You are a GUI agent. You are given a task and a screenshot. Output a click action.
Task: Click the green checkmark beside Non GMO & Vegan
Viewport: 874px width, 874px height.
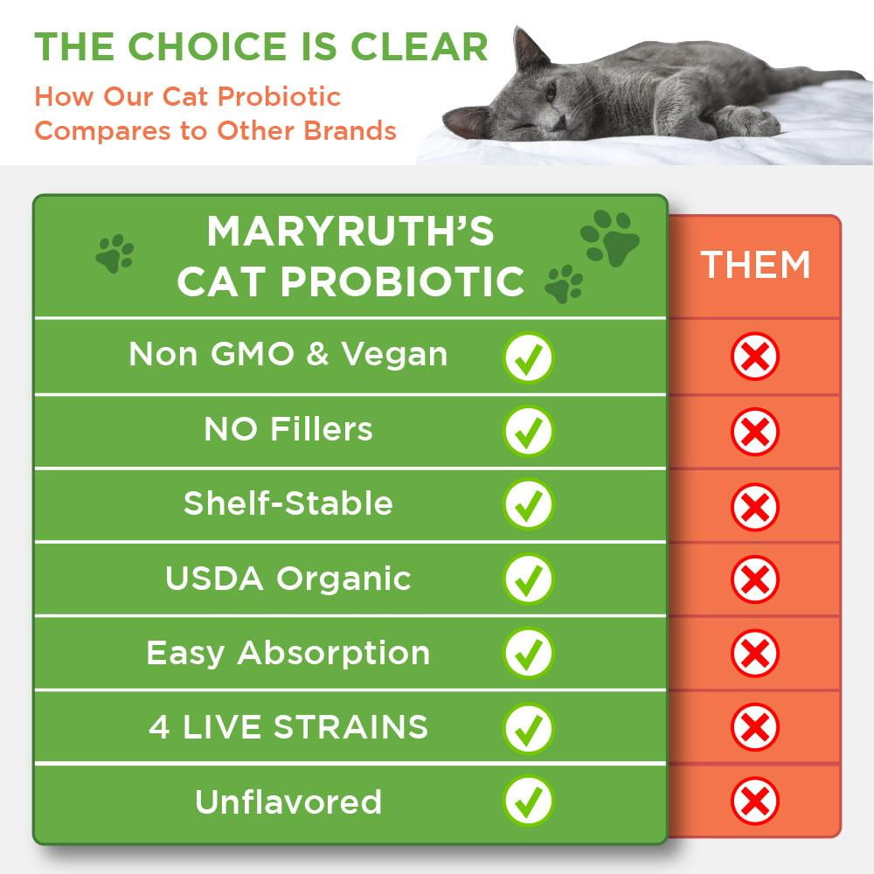529,357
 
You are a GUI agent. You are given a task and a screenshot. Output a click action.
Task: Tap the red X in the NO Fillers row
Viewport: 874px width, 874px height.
755,432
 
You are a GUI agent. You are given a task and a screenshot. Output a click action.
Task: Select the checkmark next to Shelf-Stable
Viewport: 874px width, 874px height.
529,503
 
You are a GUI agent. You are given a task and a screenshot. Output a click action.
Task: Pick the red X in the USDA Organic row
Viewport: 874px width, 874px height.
755,579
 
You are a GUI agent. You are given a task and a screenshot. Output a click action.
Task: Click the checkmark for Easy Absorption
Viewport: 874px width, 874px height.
529,653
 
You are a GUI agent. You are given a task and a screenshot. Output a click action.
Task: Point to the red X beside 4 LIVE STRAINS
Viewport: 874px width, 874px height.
755,727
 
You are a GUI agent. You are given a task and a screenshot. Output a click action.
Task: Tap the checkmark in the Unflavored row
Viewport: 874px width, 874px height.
529,801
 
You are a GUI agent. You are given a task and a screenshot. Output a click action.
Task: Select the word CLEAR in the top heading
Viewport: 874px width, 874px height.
419,46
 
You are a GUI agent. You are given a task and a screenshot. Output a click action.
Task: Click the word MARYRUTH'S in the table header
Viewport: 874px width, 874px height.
350,231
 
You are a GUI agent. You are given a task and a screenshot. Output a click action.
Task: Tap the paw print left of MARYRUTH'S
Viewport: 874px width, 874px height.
114,253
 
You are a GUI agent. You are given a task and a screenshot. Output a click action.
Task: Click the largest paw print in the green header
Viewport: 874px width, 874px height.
610,238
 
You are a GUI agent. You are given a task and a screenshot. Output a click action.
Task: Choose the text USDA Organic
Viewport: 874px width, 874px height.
288,579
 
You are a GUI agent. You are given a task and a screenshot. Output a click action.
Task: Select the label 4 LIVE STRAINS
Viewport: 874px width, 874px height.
288,727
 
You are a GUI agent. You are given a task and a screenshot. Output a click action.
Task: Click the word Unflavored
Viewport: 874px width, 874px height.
288,801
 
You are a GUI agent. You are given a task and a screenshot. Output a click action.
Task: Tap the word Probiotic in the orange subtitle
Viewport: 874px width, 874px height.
279,96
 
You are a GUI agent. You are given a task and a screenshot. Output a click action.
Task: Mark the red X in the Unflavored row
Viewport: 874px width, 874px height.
755,801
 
